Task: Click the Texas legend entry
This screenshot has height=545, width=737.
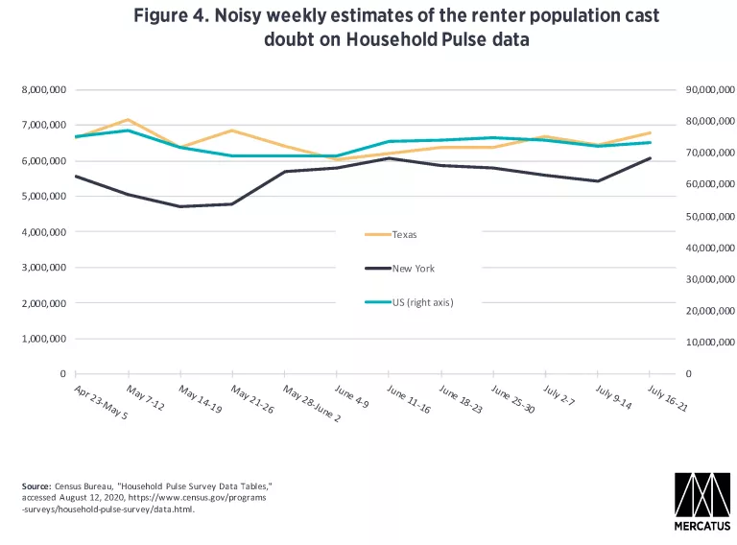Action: pyautogui.click(x=404, y=234)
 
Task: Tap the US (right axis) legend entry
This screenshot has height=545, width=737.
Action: pyautogui.click(x=422, y=302)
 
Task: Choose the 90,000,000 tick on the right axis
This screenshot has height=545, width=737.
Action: pyautogui.click(x=709, y=89)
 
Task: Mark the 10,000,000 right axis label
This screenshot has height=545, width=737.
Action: pyautogui.click(x=709, y=342)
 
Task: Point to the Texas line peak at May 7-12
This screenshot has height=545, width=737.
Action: pyautogui.click(x=128, y=120)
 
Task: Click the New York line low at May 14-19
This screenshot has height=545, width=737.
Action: pyautogui.click(x=179, y=206)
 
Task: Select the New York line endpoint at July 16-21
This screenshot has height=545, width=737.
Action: pyautogui.click(x=651, y=158)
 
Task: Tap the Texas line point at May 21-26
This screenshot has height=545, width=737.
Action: pyautogui.click(x=232, y=130)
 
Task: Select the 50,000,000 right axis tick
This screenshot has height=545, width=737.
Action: pyautogui.click(x=709, y=216)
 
